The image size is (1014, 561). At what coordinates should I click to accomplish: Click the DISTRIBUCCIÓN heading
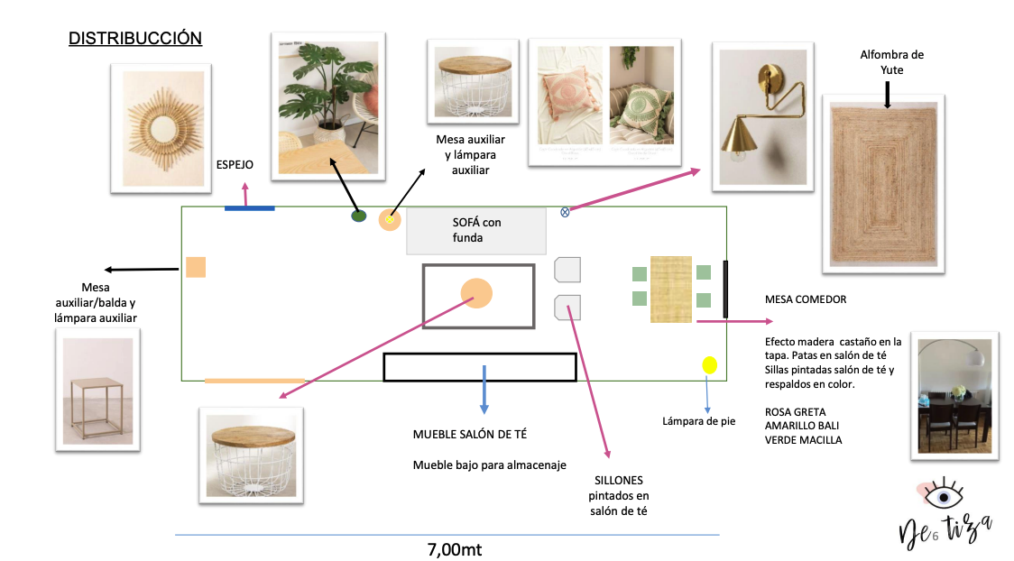(135, 39)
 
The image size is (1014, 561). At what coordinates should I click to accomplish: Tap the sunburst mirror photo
(161, 128)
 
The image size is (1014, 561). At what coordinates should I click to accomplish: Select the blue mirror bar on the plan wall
(249, 208)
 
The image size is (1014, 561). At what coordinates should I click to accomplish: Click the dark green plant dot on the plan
(358, 216)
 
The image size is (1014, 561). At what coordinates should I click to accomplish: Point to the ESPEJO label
(235, 165)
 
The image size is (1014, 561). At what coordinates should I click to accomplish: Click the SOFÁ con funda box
(475, 231)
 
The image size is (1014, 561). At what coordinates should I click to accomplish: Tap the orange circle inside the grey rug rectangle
(476, 293)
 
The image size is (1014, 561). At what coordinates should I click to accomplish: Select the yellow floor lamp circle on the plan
(709, 365)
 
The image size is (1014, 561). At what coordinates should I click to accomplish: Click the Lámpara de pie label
(699, 420)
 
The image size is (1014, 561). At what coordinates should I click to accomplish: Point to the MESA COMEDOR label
(806, 299)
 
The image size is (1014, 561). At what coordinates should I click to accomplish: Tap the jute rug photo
(882, 183)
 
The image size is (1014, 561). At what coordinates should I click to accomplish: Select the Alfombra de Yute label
(891, 62)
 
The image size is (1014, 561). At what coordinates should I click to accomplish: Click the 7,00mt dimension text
(459, 548)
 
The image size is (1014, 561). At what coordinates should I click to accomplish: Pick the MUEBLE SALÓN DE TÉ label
(470, 435)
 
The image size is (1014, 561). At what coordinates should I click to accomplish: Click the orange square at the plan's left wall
(196, 267)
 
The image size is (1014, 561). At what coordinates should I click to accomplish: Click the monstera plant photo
(327, 103)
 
